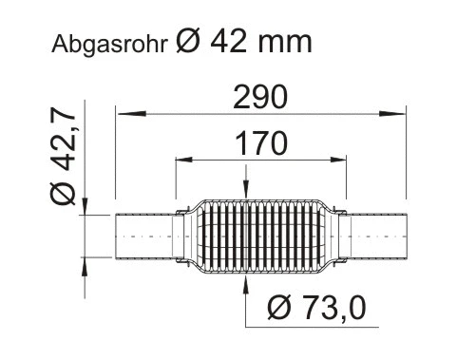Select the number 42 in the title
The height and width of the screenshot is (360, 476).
230,43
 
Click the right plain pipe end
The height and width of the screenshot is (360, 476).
381,235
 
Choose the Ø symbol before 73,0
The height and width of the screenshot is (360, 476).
281,308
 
